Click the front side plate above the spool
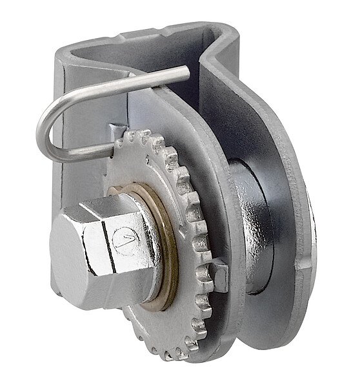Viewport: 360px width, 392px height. point(194,110)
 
